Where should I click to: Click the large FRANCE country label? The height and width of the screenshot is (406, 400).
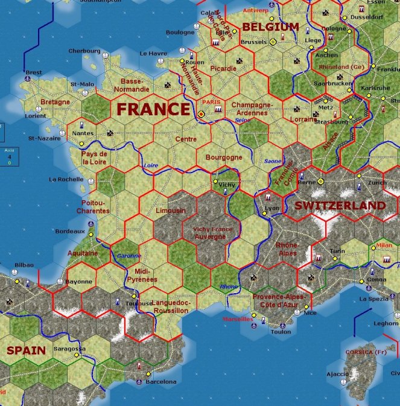click(153, 109)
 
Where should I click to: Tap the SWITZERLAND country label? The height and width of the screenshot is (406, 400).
click(340, 206)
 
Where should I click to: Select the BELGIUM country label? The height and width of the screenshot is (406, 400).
click(270, 27)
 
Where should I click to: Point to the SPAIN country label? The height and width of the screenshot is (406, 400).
click(26, 350)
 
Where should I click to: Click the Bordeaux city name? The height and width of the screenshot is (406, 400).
click(69, 231)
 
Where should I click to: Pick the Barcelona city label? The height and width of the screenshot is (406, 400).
click(161, 381)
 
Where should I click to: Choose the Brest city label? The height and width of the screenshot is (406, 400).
click(34, 72)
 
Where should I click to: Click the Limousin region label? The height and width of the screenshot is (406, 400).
click(171, 211)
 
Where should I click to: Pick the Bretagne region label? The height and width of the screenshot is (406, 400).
click(56, 102)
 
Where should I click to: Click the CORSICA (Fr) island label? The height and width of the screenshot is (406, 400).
click(366, 352)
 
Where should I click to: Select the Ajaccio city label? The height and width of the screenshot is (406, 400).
click(337, 373)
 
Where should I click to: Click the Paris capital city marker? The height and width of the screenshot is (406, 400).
click(202, 112)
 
